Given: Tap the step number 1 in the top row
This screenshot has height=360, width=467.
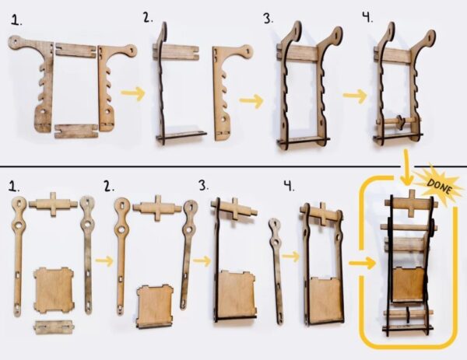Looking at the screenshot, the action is click(x=16, y=20).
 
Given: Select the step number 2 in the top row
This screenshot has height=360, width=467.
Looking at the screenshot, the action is click(x=148, y=18).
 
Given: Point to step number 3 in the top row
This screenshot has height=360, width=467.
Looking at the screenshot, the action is click(x=268, y=19).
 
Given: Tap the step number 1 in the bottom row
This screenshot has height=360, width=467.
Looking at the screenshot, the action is click(x=14, y=187).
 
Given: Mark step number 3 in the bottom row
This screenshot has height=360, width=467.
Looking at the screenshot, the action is click(x=204, y=186).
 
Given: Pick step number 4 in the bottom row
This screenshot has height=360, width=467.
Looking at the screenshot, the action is click(x=289, y=187).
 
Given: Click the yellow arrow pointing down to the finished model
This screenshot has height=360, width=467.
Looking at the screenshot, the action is click(x=406, y=167).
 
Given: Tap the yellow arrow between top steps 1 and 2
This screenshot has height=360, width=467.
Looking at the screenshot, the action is click(x=133, y=93).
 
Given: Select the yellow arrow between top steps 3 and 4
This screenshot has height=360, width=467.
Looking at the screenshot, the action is click(x=354, y=96).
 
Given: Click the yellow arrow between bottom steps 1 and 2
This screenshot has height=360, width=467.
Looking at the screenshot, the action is click(x=104, y=261).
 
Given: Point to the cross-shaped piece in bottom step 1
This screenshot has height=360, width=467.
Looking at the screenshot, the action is click(x=53, y=204).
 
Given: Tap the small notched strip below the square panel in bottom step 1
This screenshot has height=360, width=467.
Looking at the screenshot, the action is click(x=54, y=327).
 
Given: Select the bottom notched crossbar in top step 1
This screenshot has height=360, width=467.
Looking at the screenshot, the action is click(x=77, y=131).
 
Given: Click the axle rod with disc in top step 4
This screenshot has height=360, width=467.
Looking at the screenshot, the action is click(x=399, y=121).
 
